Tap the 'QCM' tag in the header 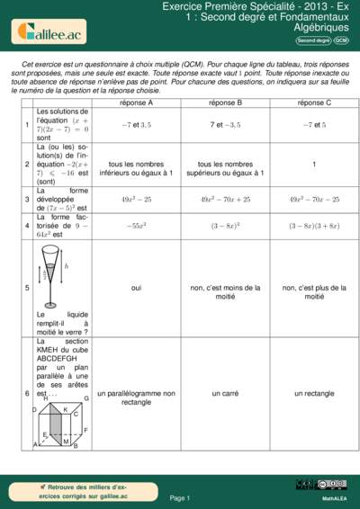click(x=341, y=40)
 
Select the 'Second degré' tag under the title click(x=313, y=40)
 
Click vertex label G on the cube click(x=86, y=397)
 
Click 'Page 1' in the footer click(x=180, y=497)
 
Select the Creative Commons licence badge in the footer click(x=309, y=485)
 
